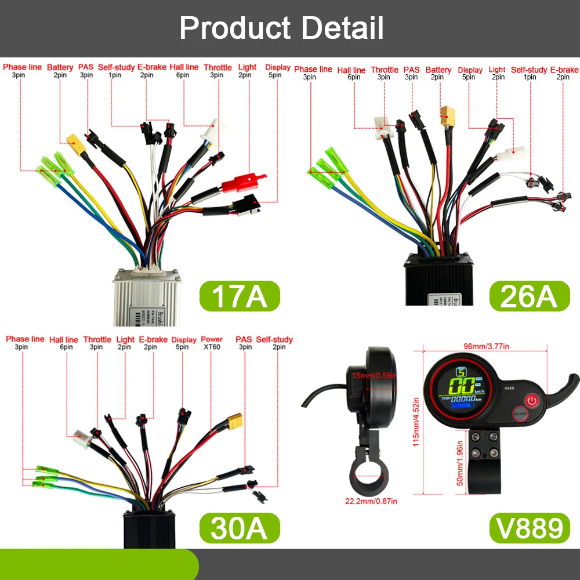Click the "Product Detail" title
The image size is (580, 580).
pos(282,28)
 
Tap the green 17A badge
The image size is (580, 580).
pos(239,296)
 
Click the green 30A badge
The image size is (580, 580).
pos(239,528)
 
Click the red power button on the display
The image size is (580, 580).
pos(532,400)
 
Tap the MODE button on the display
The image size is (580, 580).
pos(520,415)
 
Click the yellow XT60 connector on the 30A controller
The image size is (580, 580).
pos(235,420)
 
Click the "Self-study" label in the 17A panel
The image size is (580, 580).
pos(116,67)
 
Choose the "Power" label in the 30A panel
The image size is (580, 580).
pos(212,339)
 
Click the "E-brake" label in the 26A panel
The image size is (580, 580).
pos(564,70)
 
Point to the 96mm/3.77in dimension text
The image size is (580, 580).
pos(485,347)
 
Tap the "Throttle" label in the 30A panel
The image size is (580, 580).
pos(97,339)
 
